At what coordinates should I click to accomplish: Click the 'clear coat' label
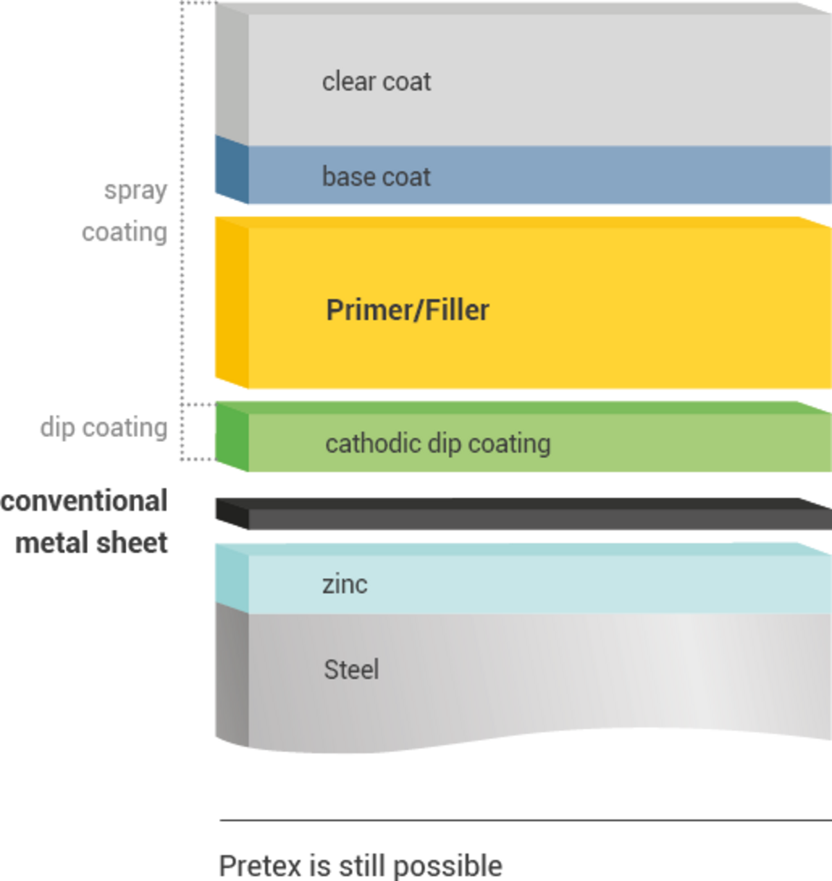click(x=376, y=82)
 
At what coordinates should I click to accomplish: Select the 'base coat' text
click(x=376, y=177)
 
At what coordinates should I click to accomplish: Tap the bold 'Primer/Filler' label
click(x=408, y=310)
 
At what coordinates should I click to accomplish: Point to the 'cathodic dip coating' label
click(x=437, y=443)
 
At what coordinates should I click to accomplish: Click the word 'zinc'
click(x=345, y=584)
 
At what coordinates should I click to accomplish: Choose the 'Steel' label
click(x=352, y=669)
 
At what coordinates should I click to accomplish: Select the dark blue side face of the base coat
click(x=230, y=171)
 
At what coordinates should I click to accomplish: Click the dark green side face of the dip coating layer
click(x=230, y=438)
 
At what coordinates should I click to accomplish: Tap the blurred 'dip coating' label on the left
click(x=104, y=428)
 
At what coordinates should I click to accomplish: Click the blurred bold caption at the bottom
click(x=361, y=866)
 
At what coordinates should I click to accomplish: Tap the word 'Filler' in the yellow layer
click(x=457, y=310)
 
